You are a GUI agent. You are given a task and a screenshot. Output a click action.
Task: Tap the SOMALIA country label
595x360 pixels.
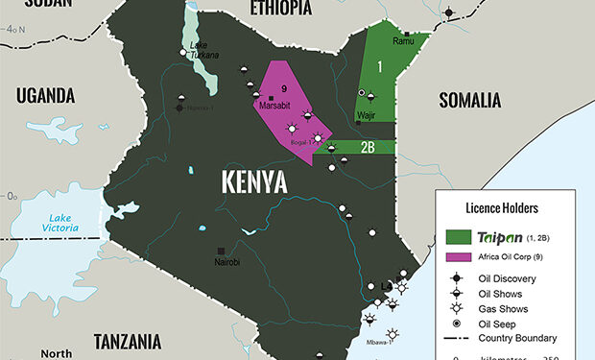[470, 100]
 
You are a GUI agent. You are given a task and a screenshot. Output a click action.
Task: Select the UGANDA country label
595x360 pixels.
[44, 94]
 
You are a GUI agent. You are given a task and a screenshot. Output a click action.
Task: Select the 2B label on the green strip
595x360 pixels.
[368, 147]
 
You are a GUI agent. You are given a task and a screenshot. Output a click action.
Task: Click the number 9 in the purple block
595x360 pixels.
[284, 88]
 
